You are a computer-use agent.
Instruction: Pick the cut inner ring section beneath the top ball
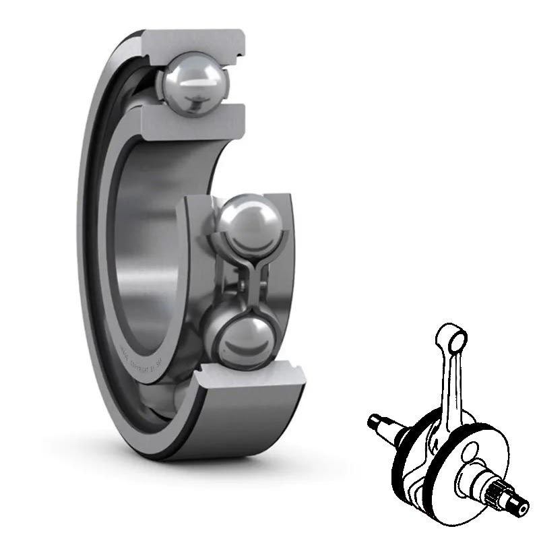(192, 122)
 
